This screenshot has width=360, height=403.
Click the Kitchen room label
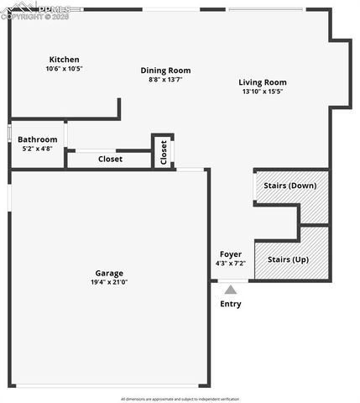65,60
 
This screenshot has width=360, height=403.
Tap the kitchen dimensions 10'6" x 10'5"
65,69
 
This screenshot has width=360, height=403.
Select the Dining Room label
165,71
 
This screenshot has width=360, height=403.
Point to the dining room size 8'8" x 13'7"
165,80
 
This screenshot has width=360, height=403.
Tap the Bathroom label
38,139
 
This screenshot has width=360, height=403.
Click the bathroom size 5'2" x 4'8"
38,149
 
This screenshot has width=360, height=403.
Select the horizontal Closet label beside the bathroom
110,159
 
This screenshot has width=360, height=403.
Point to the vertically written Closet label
164,151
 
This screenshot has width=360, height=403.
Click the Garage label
109,273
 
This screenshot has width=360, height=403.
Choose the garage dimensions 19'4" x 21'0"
109,283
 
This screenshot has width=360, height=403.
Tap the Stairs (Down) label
290,185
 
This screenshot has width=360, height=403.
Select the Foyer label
231,254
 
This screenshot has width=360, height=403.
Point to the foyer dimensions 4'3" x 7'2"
231,264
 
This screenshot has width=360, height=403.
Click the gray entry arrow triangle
231,290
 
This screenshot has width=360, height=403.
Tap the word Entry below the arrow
231,304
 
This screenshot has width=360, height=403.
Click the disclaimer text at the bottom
180,399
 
